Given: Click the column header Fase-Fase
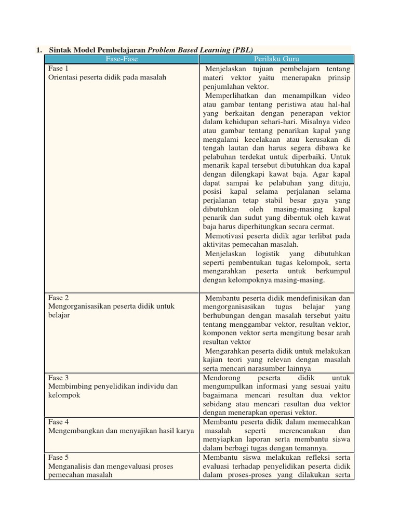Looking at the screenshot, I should click(x=121, y=59).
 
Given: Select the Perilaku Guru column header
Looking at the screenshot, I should click(x=276, y=59).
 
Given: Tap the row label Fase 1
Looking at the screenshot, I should click(x=59, y=69).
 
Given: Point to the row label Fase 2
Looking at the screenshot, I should click(x=59, y=298).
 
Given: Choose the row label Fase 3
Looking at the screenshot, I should click(x=59, y=378).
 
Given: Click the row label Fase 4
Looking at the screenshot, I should click(x=59, y=422).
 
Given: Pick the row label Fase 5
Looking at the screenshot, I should click(x=59, y=457).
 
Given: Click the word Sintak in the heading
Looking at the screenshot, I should click(x=61, y=50).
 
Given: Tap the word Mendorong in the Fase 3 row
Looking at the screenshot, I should click(x=220, y=378).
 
